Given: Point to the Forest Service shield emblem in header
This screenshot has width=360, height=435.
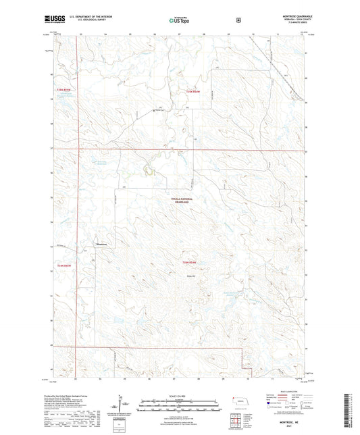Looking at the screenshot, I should point(238,20).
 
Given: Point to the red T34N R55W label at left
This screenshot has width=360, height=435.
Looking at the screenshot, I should point(63,90).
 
